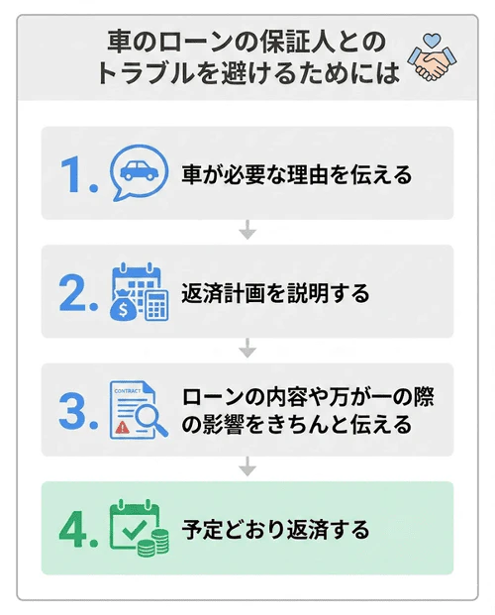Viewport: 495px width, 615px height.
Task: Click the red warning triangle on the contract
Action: tap(120, 427)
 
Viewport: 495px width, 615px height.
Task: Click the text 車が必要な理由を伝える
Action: tap(296, 175)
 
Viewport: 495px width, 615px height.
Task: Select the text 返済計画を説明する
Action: tap(275, 294)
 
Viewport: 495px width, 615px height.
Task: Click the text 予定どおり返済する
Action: tap(275, 530)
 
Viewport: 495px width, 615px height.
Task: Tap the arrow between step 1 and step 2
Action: tap(247, 233)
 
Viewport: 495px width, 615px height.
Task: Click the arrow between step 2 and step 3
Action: tap(247, 350)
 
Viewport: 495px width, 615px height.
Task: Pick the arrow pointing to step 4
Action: tap(247, 468)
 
